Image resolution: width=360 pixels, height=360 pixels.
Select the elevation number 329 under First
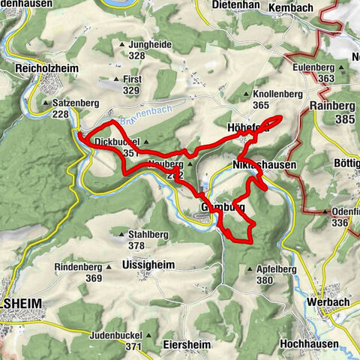point(131,91)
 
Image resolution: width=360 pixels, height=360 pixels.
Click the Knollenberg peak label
point(277,95)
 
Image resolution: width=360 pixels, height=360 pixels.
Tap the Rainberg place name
point(331,106)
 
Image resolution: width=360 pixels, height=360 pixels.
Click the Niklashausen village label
point(260,164)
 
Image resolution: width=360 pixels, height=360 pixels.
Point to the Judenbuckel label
point(115,335)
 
